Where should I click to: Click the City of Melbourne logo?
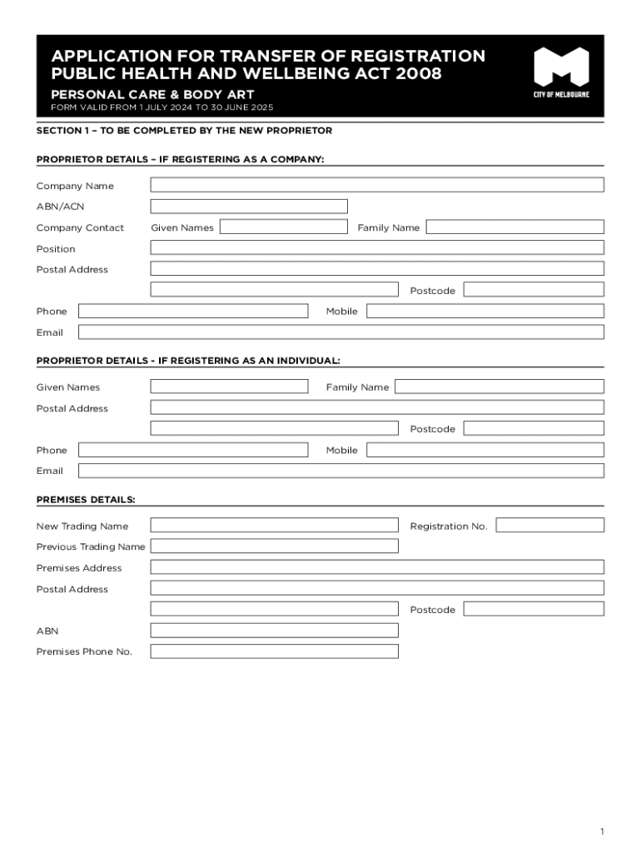[x=561, y=72]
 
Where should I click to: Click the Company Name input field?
[x=377, y=185]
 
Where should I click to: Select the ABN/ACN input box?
[x=249, y=206]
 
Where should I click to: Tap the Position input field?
[x=377, y=247]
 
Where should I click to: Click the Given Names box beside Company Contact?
[x=283, y=227]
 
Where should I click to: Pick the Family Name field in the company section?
[x=515, y=227]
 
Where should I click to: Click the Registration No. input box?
[x=550, y=526]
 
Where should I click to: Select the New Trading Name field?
[x=274, y=526]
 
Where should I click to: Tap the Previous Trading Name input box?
[x=274, y=546]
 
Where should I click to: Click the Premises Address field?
[x=377, y=567]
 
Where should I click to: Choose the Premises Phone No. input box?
[x=274, y=651]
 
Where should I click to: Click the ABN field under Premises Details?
[x=274, y=631]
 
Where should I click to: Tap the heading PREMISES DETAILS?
[x=86, y=500]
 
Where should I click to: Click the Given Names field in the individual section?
[x=229, y=387]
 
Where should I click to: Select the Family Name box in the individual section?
[x=499, y=387]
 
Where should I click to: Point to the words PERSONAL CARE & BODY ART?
[x=152, y=94]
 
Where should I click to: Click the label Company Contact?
[x=80, y=227]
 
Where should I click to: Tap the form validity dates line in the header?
[x=161, y=108]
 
